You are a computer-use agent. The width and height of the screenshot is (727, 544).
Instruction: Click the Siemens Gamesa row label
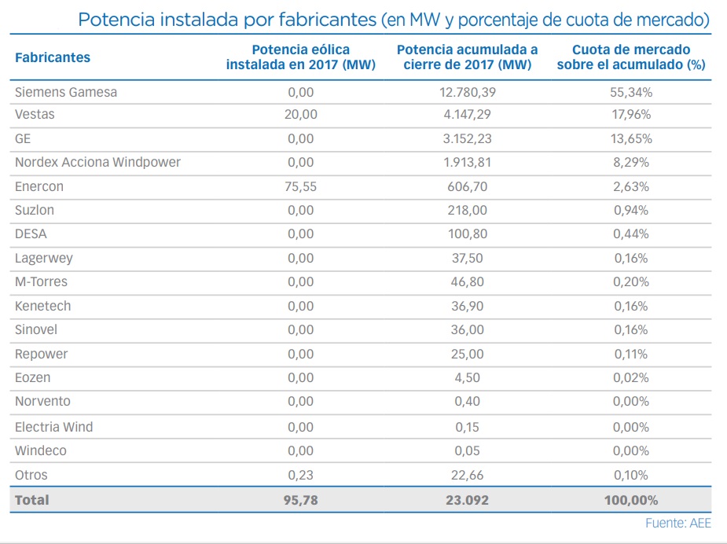66,92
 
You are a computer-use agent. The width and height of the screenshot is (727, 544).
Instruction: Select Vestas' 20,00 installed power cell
301,115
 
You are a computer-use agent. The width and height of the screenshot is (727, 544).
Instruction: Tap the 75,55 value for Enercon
301,187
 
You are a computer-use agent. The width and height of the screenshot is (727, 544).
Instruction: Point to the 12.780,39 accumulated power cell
468,92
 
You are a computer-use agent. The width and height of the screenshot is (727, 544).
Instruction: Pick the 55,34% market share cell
631,92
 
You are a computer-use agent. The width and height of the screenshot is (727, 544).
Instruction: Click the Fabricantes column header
53,57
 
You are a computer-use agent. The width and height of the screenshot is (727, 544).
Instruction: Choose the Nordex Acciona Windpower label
97,163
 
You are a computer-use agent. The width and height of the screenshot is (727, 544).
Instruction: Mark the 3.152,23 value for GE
468,139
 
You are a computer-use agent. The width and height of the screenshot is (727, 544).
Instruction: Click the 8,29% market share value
631,163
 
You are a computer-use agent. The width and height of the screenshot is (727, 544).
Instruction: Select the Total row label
31,500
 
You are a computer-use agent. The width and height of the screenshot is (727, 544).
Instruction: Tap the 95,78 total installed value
301,500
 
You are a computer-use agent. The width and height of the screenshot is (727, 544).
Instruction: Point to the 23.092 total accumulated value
468,500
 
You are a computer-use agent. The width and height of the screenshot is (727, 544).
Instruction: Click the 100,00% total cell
631,500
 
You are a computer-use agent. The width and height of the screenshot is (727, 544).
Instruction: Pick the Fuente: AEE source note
678,524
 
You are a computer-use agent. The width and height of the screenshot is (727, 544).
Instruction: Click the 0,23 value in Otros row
301,475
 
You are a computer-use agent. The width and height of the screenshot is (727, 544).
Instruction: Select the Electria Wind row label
53,427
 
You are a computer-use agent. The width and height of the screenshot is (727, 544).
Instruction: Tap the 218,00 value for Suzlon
468,211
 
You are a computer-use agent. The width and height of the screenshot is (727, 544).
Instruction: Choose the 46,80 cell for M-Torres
468,282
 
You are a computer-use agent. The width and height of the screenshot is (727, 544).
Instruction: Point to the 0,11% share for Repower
631,354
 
